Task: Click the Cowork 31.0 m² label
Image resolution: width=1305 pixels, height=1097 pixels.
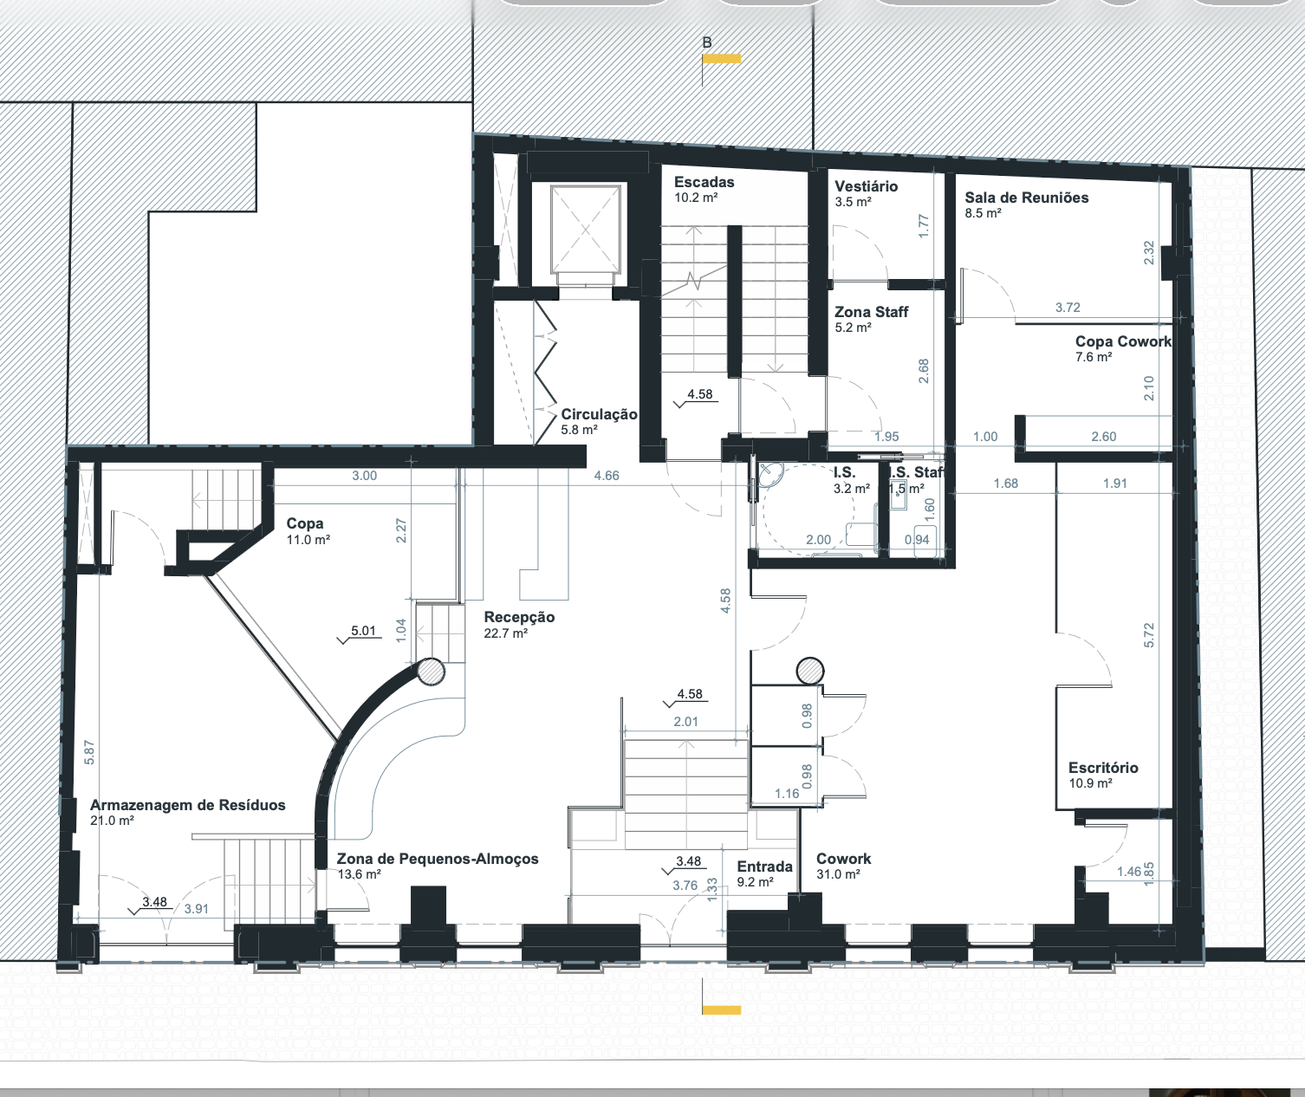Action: pyautogui.click(x=844, y=866)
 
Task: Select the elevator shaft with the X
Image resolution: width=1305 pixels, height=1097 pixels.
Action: pyautogui.click(x=586, y=230)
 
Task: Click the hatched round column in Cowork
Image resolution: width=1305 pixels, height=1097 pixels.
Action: pyautogui.click(x=810, y=671)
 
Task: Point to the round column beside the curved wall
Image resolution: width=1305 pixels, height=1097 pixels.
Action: pyautogui.click(x=431, y=672)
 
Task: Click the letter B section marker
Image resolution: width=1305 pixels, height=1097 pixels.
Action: pyautogui.click(x=707, y=42)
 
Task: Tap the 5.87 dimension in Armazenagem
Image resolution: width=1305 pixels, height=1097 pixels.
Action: pyautogui.click(x=89, y=753)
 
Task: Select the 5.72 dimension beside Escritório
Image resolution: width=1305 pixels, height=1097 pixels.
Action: pyautogui.click(x=1149, y=635)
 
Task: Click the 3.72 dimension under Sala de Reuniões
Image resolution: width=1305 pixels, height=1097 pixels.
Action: pyautogui.click(x=1068, y=308)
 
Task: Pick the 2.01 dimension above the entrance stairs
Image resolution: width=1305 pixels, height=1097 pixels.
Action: pyautogui.click(x=685, y=721)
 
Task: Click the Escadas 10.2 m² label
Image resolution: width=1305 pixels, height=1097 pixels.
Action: pyautogui.click(x=704, y=190)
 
